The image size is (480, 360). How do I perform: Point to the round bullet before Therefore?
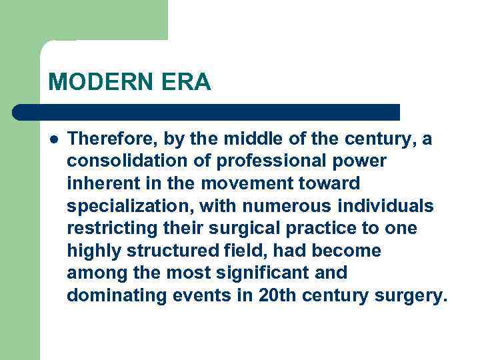tap(53, 139)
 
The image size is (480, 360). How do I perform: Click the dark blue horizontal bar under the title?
tap(207, 112)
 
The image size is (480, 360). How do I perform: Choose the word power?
tap(362, 161)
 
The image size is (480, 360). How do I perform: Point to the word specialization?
tap(122, 206)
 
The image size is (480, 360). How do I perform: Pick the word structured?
tap(169, 251)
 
